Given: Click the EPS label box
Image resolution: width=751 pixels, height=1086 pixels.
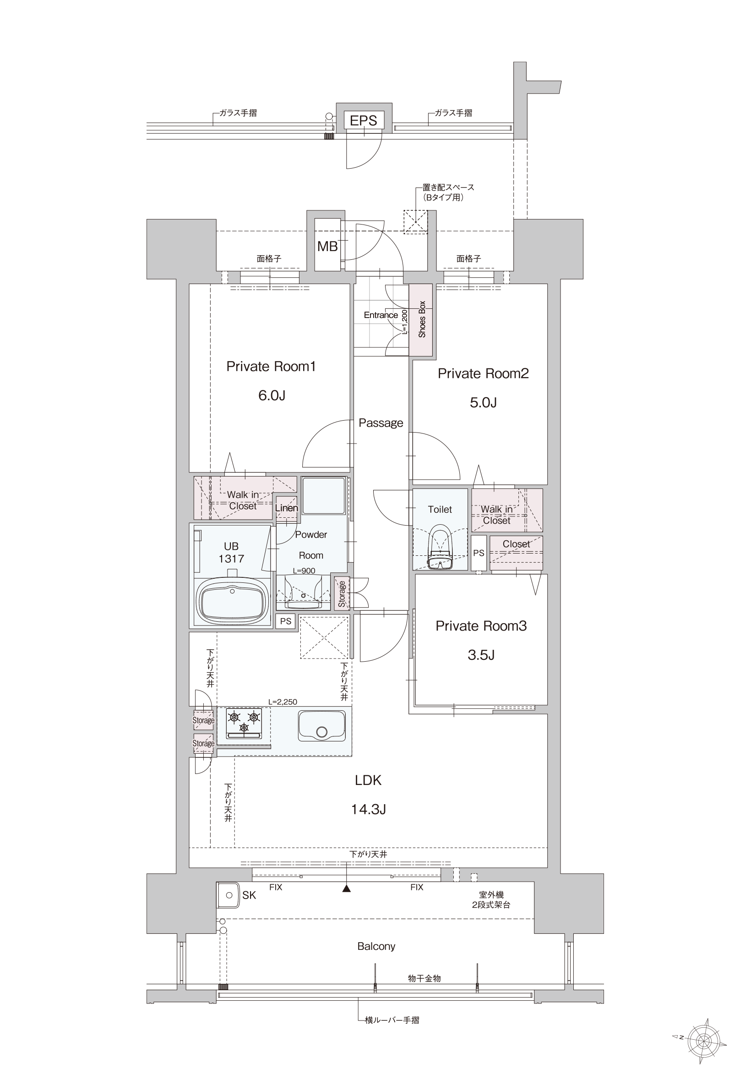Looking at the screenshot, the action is click(x=364, y=120).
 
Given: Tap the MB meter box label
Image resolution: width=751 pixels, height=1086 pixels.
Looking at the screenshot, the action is click(x=327, y=246).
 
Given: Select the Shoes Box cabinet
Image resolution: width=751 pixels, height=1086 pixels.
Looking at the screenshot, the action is click(x=421, y=320).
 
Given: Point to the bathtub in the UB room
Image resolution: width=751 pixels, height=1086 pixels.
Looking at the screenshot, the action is click(x=232, y=600).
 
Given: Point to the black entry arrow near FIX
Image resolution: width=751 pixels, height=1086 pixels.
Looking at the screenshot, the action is click(x=347, y=889).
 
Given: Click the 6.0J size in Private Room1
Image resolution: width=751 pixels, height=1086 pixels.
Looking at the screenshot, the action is click(x=272, y=395).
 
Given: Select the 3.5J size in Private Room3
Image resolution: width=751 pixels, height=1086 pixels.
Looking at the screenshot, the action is click(x=481, y=655).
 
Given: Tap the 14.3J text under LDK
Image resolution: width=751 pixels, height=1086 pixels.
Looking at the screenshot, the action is click(x=369, y=809).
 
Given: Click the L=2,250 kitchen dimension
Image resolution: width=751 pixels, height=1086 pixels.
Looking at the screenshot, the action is click(x=283, y=702).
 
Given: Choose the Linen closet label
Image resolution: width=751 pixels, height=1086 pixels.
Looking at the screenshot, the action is click(x=287, y=508).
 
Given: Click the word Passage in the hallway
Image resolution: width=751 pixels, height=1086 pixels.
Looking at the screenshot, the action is click(x=381, y=423).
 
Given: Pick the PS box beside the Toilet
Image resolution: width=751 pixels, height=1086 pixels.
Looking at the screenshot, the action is click(x=479, y=553).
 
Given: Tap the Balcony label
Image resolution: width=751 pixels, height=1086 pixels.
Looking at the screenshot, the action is click(x=376, y=946).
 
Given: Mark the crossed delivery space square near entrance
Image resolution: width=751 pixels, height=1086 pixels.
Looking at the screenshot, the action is click(x=415, y=221).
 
